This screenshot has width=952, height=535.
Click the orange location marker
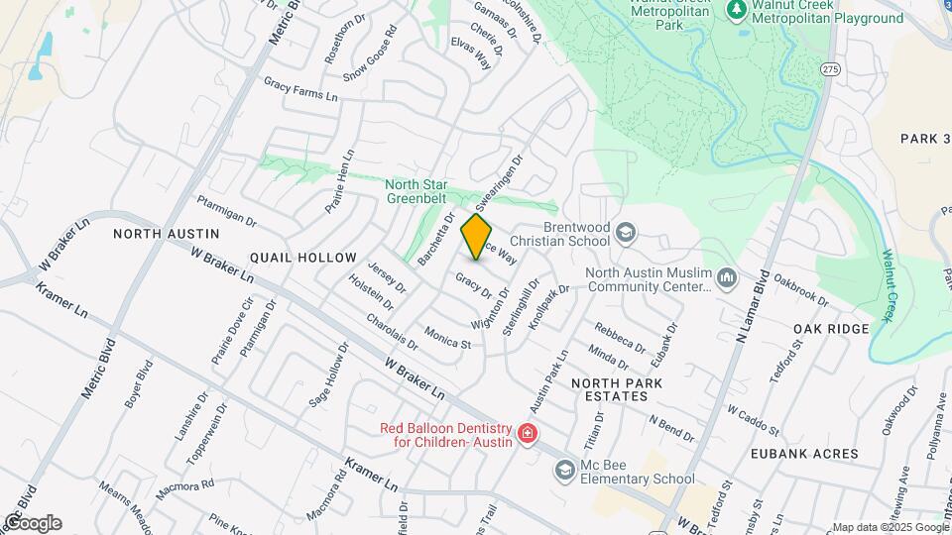click(x=477, y=238)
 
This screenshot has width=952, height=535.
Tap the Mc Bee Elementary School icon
click(x=565, y=469)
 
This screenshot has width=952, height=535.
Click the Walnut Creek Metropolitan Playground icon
click(x=736, y=11)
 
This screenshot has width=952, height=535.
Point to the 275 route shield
click(x=830, y=67)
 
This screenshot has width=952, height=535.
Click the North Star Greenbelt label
click(x=416, y=191)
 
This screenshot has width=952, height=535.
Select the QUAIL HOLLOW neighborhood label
click(x=302, y=258)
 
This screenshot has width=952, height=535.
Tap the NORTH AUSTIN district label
click(x=166, y=234)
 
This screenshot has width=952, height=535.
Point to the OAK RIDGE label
click(x=831, y=329)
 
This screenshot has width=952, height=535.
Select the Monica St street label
click(x=446, y=337)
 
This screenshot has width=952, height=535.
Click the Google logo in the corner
click(x=32, y=522)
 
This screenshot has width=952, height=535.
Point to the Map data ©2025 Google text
click(x=889, y=527)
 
